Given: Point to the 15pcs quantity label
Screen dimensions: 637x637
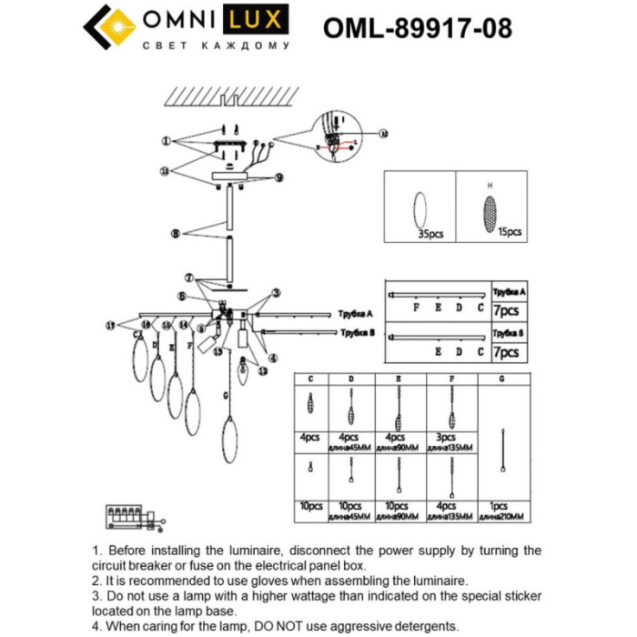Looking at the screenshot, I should (510, 232).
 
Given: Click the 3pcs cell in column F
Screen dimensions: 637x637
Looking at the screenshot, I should (445, 437).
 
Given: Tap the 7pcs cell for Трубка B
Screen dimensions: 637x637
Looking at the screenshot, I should (505, 351).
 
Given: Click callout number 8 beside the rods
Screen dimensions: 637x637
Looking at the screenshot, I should (175, 234).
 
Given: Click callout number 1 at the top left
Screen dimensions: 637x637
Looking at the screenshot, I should (167, 141).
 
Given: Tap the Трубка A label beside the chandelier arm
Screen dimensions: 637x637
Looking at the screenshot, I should (356, 312).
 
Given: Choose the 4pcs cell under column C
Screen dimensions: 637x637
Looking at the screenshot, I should (311, 437).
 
